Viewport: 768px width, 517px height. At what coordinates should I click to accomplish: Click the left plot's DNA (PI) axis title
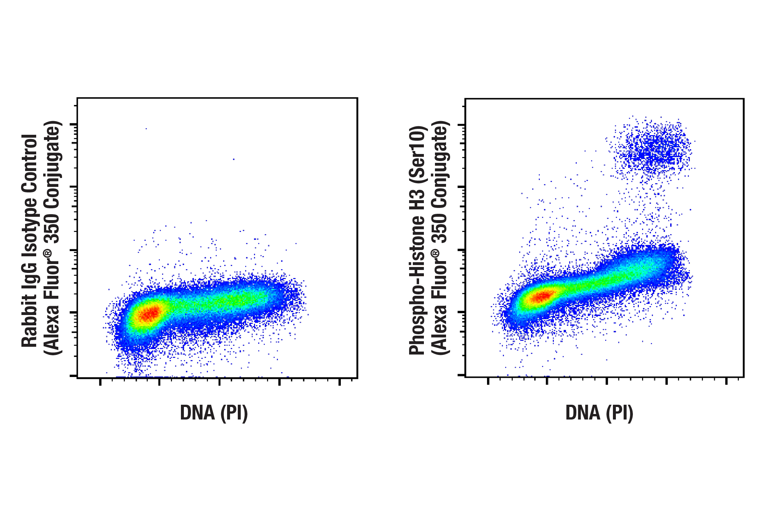[213, 413]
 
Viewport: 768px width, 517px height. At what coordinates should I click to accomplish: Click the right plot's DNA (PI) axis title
[599, 413]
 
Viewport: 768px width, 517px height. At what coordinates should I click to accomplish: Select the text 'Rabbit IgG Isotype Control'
[30, 241]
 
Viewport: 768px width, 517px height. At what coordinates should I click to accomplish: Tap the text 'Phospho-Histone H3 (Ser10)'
[418, 241]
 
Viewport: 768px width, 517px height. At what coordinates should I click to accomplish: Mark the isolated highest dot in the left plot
[146, 129]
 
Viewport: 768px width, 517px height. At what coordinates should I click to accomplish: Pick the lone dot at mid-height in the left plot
[234, 160]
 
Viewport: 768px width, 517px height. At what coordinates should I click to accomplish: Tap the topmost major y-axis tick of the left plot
[73, 124]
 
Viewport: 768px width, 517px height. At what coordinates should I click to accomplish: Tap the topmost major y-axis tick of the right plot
[462, 125]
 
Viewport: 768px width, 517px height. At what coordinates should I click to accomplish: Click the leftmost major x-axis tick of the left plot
[100, 381]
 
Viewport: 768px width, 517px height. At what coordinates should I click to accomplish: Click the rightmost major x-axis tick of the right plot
[726, 381]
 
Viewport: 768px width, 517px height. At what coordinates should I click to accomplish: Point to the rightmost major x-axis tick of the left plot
[339, 381]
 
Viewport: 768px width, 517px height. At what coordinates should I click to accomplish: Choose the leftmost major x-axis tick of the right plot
[488, 381]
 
